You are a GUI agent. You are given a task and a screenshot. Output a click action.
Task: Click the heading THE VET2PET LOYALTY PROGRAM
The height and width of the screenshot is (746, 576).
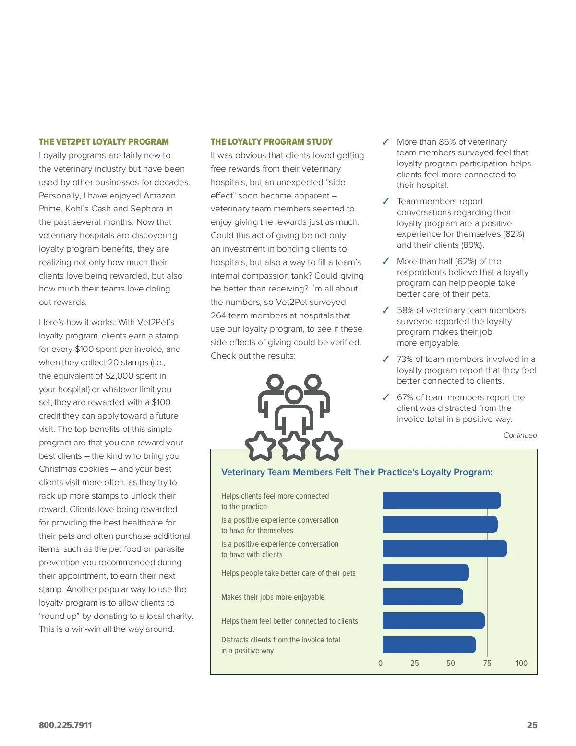[x=104, y=142]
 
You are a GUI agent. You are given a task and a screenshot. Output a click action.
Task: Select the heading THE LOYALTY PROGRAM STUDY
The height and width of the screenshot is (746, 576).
[x=271, y=142]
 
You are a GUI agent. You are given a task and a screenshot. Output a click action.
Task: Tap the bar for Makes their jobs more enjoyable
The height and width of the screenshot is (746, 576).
[x=422, y=596]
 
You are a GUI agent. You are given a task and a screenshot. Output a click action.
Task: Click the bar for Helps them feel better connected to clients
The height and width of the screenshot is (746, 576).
[x=433, y=620]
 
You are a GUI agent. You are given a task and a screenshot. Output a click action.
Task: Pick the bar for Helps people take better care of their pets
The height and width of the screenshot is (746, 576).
[x=425, y=572]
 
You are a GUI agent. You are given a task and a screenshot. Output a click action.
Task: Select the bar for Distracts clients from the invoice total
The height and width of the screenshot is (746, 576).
[x=429, y=644]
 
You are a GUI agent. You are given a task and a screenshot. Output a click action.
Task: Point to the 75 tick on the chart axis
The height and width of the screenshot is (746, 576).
[x=487, y=664]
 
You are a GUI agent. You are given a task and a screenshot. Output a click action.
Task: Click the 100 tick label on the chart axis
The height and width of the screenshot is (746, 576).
[x=521, y=664]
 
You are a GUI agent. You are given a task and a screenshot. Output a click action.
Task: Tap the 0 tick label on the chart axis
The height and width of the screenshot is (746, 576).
[x=381, y=664]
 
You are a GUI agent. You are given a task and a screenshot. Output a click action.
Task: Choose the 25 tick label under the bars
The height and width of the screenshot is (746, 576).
[x=414, y=664]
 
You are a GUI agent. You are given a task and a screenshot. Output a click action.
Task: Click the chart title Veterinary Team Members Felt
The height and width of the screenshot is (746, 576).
[x=357, y=472]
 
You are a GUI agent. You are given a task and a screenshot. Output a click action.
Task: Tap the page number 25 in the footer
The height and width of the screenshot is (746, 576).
[x=532, y=725]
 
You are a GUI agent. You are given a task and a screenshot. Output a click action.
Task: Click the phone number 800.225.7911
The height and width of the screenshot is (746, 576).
[x=65, y=725]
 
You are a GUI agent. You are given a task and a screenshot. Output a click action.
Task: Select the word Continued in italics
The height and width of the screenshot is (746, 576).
[x=520, y=435]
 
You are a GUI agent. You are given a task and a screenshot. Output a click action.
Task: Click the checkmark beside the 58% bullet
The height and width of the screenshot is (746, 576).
[x=385, y=310]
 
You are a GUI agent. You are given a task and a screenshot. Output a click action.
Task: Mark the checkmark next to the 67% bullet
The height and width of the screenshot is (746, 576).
[x=385, y=397]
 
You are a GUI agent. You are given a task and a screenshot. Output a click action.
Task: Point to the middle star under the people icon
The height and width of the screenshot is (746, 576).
[x=294, y=445]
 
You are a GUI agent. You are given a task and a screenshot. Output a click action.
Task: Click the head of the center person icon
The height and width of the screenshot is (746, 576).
[x=294, y=395]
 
